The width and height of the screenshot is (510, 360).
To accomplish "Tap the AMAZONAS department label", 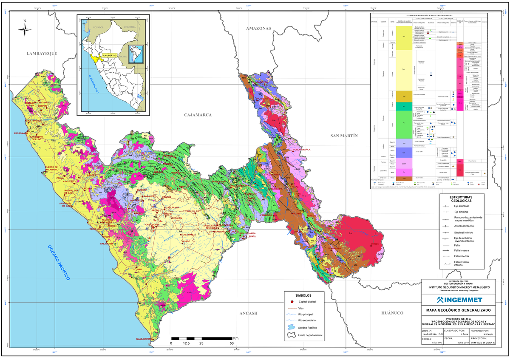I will click(258, 28).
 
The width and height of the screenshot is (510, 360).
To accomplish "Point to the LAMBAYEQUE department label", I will click(42, 53).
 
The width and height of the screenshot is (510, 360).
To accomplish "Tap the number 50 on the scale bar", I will click(232, 343).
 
